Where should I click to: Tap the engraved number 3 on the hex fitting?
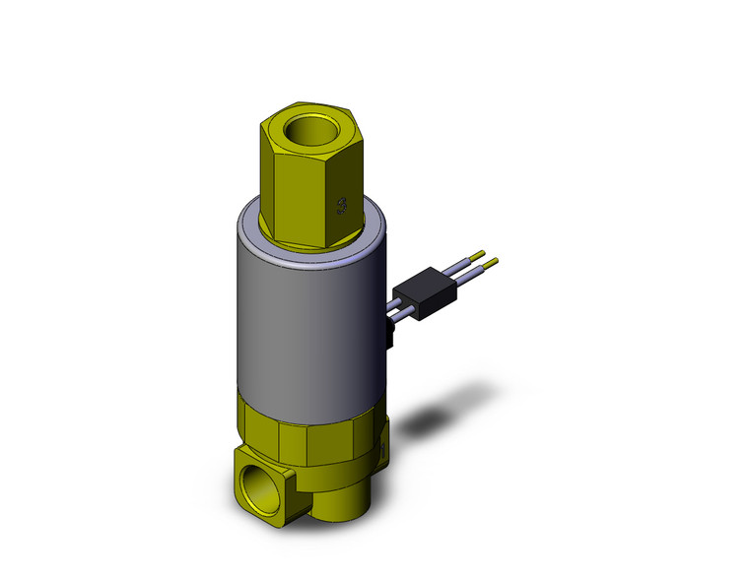(342, 205)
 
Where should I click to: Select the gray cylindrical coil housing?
(306, 315)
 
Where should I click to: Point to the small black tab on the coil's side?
(389, 340)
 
